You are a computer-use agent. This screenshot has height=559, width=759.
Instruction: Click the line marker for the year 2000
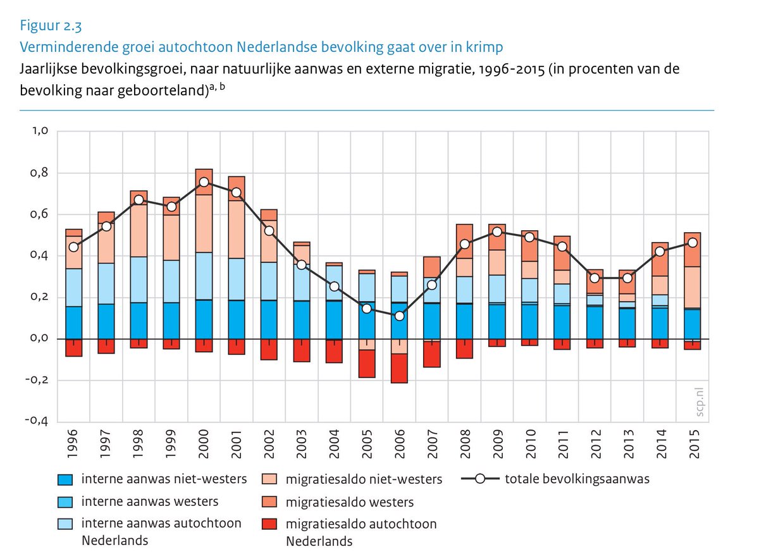point(204,182)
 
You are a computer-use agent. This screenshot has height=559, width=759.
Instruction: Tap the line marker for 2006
point(398,316)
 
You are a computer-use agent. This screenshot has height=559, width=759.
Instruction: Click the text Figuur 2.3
point(51,26)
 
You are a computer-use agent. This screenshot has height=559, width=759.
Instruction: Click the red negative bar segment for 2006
point(398,368)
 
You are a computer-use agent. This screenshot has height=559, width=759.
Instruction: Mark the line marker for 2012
point(594,278)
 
